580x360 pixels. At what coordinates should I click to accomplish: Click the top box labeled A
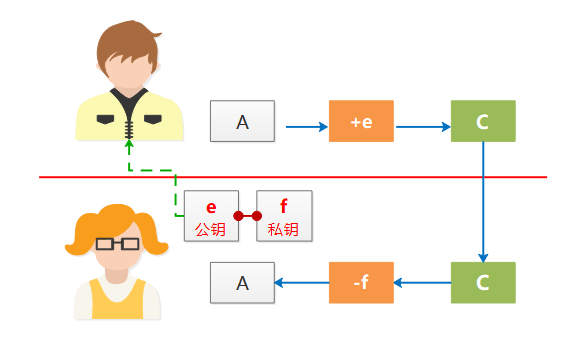click(241, 121)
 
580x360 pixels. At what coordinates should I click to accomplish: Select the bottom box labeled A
click(241, 282)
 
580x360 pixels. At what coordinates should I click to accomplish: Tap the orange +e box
click(361, 121)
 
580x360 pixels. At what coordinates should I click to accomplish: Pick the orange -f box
click(361, 282)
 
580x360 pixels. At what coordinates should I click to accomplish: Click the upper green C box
click(483, 121)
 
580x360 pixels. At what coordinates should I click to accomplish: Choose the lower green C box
click(483, 282)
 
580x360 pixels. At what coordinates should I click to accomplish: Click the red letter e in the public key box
click(211, 207)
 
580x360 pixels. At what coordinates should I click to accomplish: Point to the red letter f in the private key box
click(284, 207)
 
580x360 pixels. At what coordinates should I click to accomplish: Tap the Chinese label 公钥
click(211, 229)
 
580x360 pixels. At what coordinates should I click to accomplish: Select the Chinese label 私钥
click(284, 229)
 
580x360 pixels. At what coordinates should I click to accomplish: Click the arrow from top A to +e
click(307, 127)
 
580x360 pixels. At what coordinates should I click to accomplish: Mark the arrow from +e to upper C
click(423, 127)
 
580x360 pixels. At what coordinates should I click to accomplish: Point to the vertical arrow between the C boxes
click(483, 200)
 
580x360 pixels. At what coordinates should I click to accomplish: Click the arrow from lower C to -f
click(423, 282)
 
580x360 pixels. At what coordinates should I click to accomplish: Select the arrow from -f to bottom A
click(301, 282)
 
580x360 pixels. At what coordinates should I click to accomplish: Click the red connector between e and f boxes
click(248, 215)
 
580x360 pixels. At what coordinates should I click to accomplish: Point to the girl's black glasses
click(117, 243)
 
